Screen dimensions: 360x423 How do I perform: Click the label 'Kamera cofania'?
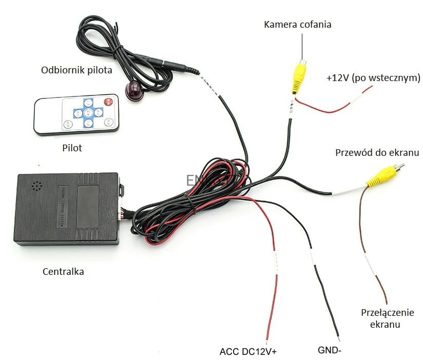tap(298, 24)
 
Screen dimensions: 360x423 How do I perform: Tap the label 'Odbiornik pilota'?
tap(76, 70)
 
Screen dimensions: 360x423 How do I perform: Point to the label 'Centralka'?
tap(63, 271)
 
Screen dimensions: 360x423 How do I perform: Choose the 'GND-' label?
tap(330, 351)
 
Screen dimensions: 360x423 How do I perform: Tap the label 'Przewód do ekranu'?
tap(377, 153)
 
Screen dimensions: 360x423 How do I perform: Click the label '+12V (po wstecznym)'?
tap(373, 78)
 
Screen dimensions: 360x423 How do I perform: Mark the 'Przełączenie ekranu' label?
tap(388, 318)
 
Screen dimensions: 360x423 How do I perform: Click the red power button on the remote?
tap(108, 102)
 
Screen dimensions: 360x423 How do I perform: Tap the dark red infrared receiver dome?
tap(134, 91)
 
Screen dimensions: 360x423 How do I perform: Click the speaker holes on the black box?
tap(35, 186)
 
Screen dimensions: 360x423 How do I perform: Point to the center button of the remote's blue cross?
tap(88, 112)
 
